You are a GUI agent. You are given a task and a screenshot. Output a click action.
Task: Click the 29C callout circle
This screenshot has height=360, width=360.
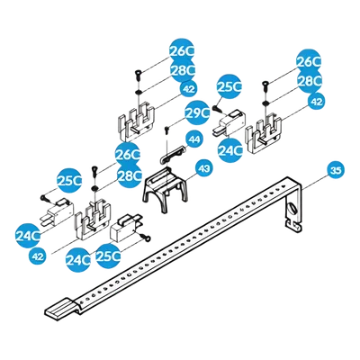(x=197, y=112)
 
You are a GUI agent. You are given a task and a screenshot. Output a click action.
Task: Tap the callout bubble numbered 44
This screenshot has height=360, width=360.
(x=194, y=139)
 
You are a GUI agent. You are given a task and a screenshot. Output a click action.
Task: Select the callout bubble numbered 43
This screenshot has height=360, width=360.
(x=204, y=169)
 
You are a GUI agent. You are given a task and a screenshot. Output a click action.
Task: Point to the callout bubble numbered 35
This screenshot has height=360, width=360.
(x=336, y=170)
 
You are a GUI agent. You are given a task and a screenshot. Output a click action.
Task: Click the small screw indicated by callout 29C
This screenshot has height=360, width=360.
(x=166, y=130)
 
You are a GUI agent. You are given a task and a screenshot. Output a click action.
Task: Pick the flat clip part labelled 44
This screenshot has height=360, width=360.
(x=172, y=154)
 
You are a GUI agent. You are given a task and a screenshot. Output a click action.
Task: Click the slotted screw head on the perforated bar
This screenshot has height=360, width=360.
(x=292, y=210)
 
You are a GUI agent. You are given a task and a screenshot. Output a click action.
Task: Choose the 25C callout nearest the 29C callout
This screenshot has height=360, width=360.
(x=229, y=86)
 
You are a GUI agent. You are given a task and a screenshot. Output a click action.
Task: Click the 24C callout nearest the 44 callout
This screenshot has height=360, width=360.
(x=230, y=150)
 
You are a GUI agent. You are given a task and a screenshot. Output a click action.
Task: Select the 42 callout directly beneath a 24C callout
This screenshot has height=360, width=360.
(x=37, y=256)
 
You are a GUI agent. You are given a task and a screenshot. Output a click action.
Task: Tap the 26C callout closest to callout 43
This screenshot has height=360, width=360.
(x=128, y=155)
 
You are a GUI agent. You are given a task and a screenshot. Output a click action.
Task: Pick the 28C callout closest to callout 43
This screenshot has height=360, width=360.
(x=129, y=175)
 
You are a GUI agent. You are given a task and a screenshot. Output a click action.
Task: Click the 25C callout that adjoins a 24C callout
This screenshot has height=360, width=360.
(x=108, y=256)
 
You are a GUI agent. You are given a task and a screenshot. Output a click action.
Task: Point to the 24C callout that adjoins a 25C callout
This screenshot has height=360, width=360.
(x=78, y=259)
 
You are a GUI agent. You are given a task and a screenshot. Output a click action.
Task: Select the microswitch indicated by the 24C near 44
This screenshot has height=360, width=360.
(x=229, y=122)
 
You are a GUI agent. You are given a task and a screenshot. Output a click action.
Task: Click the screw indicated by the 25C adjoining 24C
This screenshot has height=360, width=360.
(x=147, y=238)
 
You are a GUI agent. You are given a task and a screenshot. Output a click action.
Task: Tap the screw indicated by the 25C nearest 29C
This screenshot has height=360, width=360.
(x=217, y=108)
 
